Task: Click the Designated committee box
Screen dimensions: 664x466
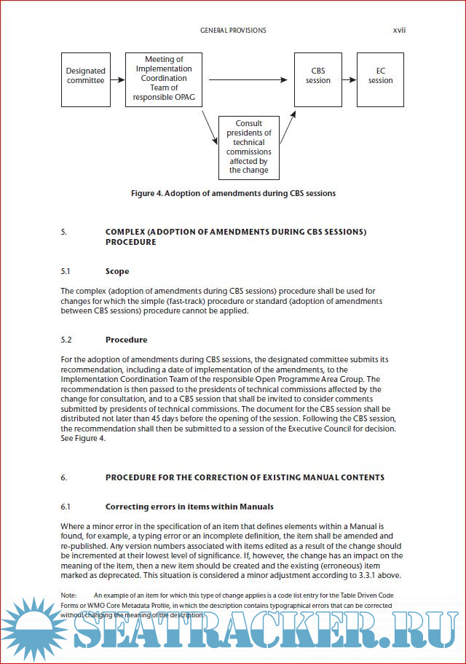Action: pos(86,76)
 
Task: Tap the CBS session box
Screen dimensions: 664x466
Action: pos(318,76)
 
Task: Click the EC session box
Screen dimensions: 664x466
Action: pos(380,76)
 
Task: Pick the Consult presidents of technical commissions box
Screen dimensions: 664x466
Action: pos(249,147)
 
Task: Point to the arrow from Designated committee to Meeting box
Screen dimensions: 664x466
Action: pos(117,79)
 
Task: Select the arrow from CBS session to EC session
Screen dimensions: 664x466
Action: pos(349,79)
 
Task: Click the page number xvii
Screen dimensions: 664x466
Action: pos(400,31)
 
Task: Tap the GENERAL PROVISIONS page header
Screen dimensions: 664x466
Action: pos(233,31)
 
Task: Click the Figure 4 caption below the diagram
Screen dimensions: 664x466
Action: pos(233,193)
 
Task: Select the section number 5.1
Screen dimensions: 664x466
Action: pos(66,271)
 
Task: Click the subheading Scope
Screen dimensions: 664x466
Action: pos(117,271)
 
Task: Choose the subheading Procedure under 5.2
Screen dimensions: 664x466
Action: pos(126,340)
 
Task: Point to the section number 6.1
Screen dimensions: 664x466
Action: pos(66,506)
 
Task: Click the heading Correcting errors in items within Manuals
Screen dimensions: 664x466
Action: pos(189,506)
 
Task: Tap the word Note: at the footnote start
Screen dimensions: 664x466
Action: pos(69,595)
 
